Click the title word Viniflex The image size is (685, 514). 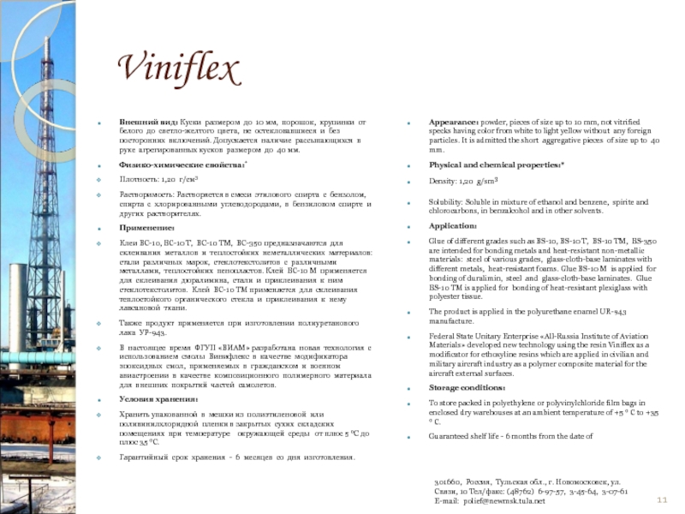[177, 69]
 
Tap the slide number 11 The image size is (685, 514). [661, 500]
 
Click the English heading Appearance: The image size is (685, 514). [454, 123]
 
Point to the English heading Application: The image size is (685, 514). [453, 226]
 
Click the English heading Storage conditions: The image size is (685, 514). [467, 387]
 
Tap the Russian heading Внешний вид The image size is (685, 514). [147, 123]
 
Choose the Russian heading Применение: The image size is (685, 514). [146, 229]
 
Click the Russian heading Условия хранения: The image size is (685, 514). [158, 399]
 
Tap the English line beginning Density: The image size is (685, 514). [463, 182]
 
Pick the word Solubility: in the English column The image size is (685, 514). [450, 201]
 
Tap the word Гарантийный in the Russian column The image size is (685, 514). [146, 457]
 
